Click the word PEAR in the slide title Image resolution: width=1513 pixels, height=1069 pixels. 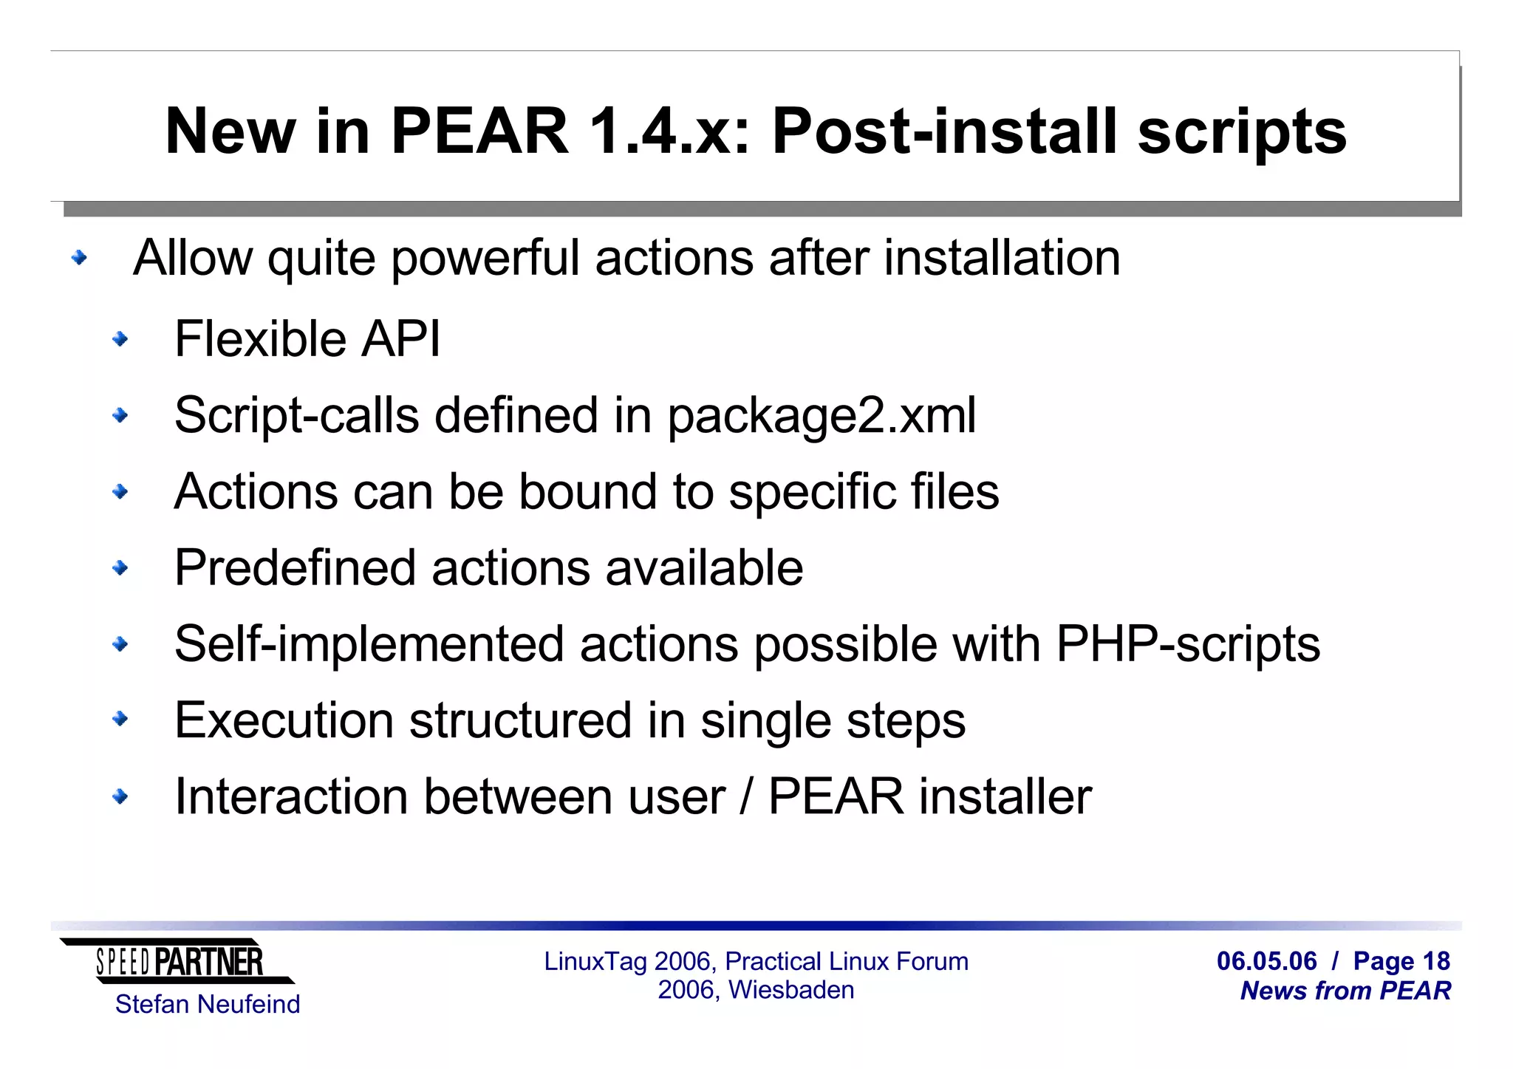click(x=479, y=131)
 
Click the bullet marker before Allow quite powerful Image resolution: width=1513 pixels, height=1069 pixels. click(x=79, y=258)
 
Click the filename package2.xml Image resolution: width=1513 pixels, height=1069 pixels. click(x=822, y=415)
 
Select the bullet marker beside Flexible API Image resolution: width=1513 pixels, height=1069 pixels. click(x=120, y=339)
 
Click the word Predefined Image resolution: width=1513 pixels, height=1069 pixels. click(x=295, y=567)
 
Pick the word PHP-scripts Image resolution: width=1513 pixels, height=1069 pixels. click(x=1188, y=643)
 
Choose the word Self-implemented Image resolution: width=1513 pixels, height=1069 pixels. click(x=369, y=643)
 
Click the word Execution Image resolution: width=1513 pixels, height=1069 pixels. click(x=284, y=720)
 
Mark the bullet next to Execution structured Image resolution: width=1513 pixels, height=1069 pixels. click(x=120, y=720)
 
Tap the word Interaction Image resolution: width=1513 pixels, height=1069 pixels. click(x=291, y=796)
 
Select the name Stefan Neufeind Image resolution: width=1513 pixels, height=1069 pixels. click(x=208, y=1004)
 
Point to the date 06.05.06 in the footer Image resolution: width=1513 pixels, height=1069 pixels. click(x=1266, y=961)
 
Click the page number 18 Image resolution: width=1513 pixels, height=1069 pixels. click(x=1436, y=961)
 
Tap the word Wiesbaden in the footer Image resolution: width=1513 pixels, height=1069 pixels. click(x=791, y=990)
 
